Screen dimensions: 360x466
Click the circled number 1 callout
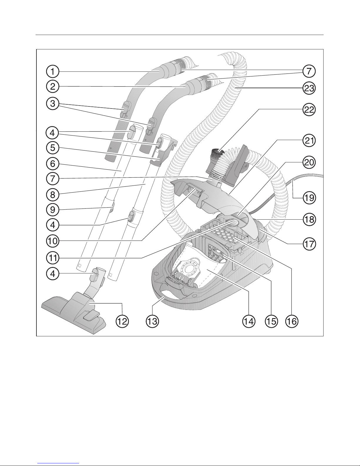coord(53,71)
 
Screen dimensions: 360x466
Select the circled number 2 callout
coord(53,87)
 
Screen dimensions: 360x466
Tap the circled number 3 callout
coord(53,104)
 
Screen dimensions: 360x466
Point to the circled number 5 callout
coord(53,148)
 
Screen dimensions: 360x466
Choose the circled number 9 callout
coord(53,210)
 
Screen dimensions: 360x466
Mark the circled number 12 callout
coord(122,321)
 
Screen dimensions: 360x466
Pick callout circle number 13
coord(153,321)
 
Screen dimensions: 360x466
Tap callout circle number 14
coord(249,321)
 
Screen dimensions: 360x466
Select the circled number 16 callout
coord(292,321)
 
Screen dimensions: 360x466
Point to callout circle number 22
coord(309,110)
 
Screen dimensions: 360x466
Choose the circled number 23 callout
coord(309,88)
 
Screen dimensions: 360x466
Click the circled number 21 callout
coord(309,141)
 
